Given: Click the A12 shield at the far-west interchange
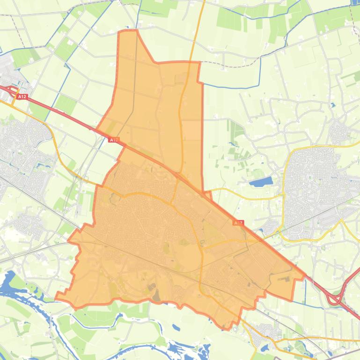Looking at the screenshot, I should [x=22, y=97].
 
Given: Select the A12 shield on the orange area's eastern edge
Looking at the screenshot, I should [x=238, y=223].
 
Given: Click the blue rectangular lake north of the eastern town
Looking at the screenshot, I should [x=261, y=181].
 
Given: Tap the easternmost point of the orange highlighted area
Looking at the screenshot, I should [x=305, y=276].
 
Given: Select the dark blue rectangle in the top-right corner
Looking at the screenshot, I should [x=355, y=3].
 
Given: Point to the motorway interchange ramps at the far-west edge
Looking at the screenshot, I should [x=11, y=90].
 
